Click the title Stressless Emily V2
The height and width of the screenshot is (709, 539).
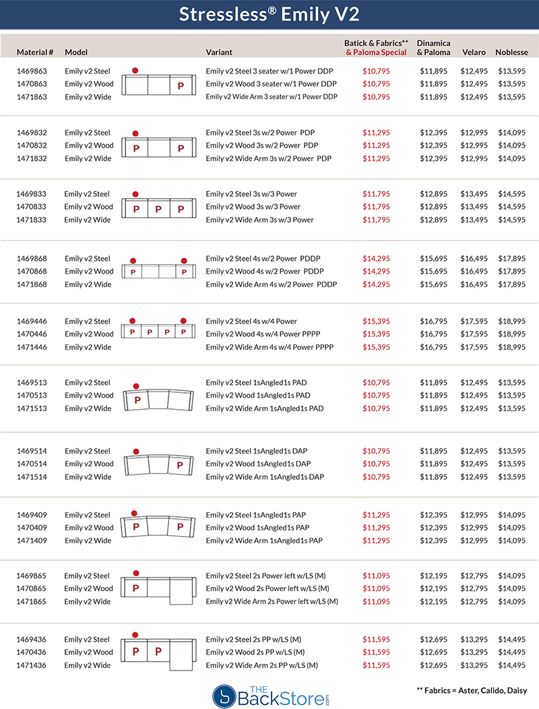pyautogui.click(x=269, y=15)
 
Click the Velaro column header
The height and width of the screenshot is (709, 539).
pyautogui.click(x=474, y=52)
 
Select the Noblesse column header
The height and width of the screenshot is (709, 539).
pyautogui.click(x=511, y=52)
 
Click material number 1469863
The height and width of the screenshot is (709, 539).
pyautogui.click(x=32, y=71)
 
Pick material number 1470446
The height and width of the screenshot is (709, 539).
pyautogui.click(x=32, y=334)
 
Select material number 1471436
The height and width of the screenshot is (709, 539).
pyautogui.click(x=32, y=666)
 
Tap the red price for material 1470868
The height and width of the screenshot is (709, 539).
pyautogui.click(x=376, y=272)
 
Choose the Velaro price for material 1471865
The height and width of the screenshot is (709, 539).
pyautogui.click(x=474, y=602)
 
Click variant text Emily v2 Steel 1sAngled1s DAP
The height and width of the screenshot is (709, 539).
pyautogui.click(x=265, y=451)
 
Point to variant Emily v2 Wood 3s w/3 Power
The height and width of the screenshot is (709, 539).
pyautogui.click(x=253, y=207)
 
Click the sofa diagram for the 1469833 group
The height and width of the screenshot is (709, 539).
pyautogui.click(x=158, y=208)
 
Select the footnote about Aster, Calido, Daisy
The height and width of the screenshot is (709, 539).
pyautogui.click(x=472, y=691)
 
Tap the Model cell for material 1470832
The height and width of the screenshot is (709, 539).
pyautogui.click(x=89, y=146)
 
